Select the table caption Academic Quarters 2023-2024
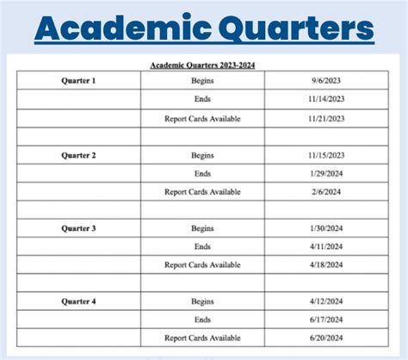pos(203,65)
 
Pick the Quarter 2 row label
pos(78,155)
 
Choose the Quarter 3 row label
pos(78,228)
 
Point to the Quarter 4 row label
pos(78,302)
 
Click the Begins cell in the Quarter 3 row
pos(203,228)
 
